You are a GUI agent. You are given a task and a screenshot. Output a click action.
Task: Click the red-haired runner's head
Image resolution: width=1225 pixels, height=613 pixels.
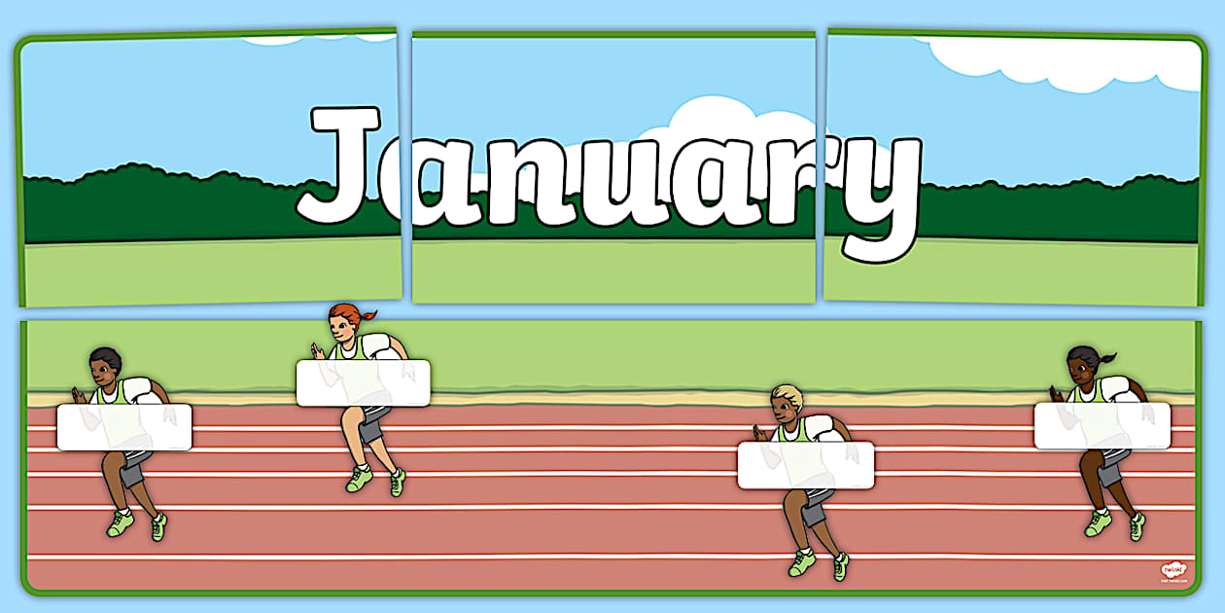(x=346, y=322)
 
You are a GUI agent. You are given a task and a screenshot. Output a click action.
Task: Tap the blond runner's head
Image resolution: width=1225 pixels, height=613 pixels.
(x=786, y=401)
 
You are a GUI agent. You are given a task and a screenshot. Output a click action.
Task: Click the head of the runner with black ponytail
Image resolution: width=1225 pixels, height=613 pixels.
(x=1082, y=364)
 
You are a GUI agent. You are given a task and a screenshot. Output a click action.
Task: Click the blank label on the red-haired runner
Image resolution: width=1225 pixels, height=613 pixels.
(x=363, y=382)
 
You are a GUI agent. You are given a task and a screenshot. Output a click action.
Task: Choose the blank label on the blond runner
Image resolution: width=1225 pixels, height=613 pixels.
(x=805, y=465)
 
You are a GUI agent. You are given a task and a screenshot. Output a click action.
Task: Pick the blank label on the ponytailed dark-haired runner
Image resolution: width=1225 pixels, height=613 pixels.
(x=1102, y=425)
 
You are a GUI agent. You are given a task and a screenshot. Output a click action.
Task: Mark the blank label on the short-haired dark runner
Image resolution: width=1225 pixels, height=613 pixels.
(x=123, y=427)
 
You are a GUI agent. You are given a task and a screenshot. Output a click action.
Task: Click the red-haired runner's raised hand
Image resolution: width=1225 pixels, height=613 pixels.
(x=316, y=350)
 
